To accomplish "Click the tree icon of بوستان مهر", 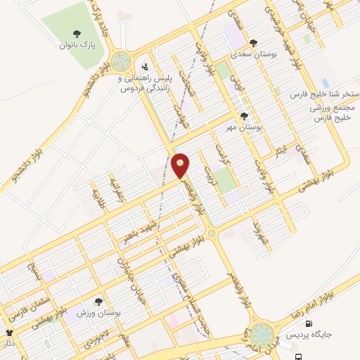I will [244, 116].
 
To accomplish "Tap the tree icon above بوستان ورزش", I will [98, 301].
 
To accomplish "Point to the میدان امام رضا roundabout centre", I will [262, 334].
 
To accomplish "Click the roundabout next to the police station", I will [121, 62].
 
